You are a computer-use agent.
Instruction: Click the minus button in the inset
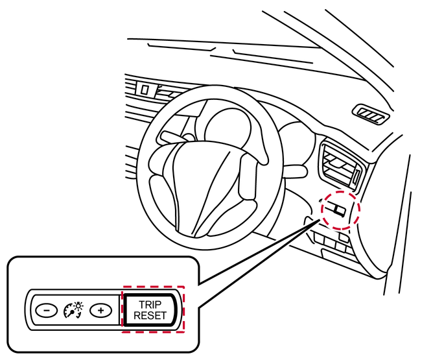47,310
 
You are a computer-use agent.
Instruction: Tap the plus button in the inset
101,310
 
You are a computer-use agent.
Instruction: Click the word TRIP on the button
150,304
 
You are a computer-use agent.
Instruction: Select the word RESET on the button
150,315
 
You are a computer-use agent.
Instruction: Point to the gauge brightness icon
73,310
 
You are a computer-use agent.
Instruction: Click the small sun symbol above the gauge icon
78,306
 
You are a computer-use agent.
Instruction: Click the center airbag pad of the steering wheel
204,187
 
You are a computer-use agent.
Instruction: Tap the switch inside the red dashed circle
336,209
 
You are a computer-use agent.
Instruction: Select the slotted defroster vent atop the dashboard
371,114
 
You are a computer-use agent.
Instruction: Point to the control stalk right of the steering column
294,171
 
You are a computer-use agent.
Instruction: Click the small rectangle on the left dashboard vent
145,90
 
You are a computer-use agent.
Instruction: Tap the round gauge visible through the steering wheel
228,124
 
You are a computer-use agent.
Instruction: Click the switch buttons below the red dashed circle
331,241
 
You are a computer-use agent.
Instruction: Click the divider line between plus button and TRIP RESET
119,310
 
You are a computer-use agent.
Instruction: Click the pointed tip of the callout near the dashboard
320,220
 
